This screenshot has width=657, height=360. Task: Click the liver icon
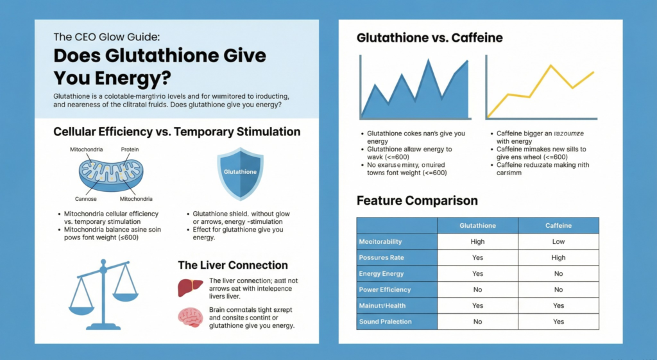[x=186, y=287]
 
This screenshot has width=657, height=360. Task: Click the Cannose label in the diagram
[x=81, y=199]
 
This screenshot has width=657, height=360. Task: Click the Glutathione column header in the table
[x=477, y=225]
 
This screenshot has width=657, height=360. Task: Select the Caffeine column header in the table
[x=558, y=225]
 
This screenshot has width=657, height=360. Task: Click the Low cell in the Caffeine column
[x=558, y=241]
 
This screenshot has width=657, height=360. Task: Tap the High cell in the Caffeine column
[x=558, y=257]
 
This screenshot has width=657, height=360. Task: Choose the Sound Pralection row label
[x=385, y=321]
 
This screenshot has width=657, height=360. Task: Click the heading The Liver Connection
[x=232, y=265]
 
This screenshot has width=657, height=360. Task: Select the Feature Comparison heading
[x=417, y=201]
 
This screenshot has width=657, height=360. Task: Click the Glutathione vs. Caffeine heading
[x=429, y=39]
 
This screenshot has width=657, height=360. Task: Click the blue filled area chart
[x=411, y=96]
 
